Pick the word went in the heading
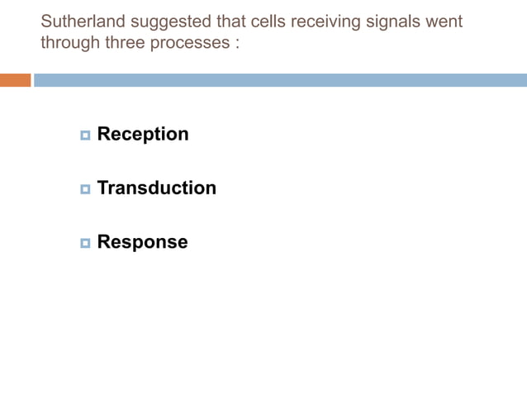[x=444, y=21]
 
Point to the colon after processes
[x=236, y=43]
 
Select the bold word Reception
[x=143, y=134]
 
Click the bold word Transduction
[x=157, y=188]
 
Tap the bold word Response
[x=142, y=242]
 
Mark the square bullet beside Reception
[x=85, y=135]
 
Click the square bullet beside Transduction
[x=85, y=189]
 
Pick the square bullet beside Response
[x=85, y=243]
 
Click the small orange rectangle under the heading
[x=15, y=80]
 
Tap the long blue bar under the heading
[x=280, y=80]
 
